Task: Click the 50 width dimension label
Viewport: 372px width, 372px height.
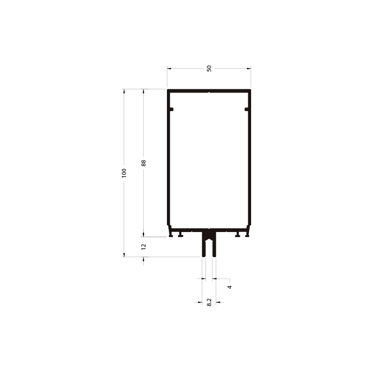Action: [x=209, y=68]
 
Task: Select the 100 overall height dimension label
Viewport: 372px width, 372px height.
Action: [x=124, y=173]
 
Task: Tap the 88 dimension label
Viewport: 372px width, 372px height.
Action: [x=144, y=163]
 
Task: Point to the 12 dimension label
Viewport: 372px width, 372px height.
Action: [x=143, y=247]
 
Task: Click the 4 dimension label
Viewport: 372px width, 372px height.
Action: [x=229, y=287]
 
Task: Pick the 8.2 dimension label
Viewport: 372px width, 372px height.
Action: [x=209, y=302]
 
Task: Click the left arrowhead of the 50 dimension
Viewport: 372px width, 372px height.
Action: [x=169, y=68]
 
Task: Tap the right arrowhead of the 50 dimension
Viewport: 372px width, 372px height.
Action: [x=249, y=68]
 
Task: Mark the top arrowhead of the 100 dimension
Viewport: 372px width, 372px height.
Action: [x=124, y=91]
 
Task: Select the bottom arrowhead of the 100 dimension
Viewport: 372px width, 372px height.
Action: [x=124, y=255]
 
